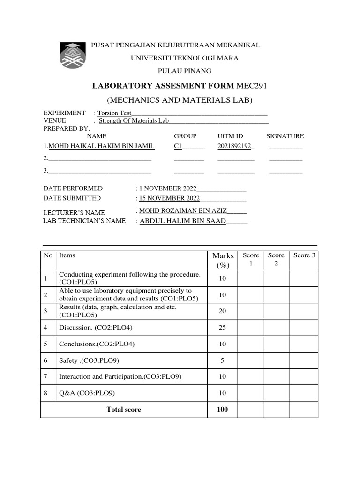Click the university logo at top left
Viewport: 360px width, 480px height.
click(73, 55)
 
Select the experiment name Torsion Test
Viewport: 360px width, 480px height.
click(114, 113)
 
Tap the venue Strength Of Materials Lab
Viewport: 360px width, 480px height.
click(133, 120)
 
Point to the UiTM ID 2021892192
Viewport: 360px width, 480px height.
click(235, 146)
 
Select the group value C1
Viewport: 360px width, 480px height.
click(178, 146)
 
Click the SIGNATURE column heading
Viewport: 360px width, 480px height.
click(285, 136)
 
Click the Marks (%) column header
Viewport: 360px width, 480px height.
click(223, 260)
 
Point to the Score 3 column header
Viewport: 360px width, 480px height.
click(304, 255)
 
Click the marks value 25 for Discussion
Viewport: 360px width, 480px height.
click(223, 327)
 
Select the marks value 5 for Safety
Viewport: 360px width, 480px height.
click(223, 360)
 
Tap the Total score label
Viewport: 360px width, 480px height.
click(124, 409)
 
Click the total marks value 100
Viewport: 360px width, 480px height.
click(223, 409)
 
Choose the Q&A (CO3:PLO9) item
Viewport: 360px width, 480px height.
click(87, 393)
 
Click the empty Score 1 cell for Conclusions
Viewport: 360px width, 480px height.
click(250, 344)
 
